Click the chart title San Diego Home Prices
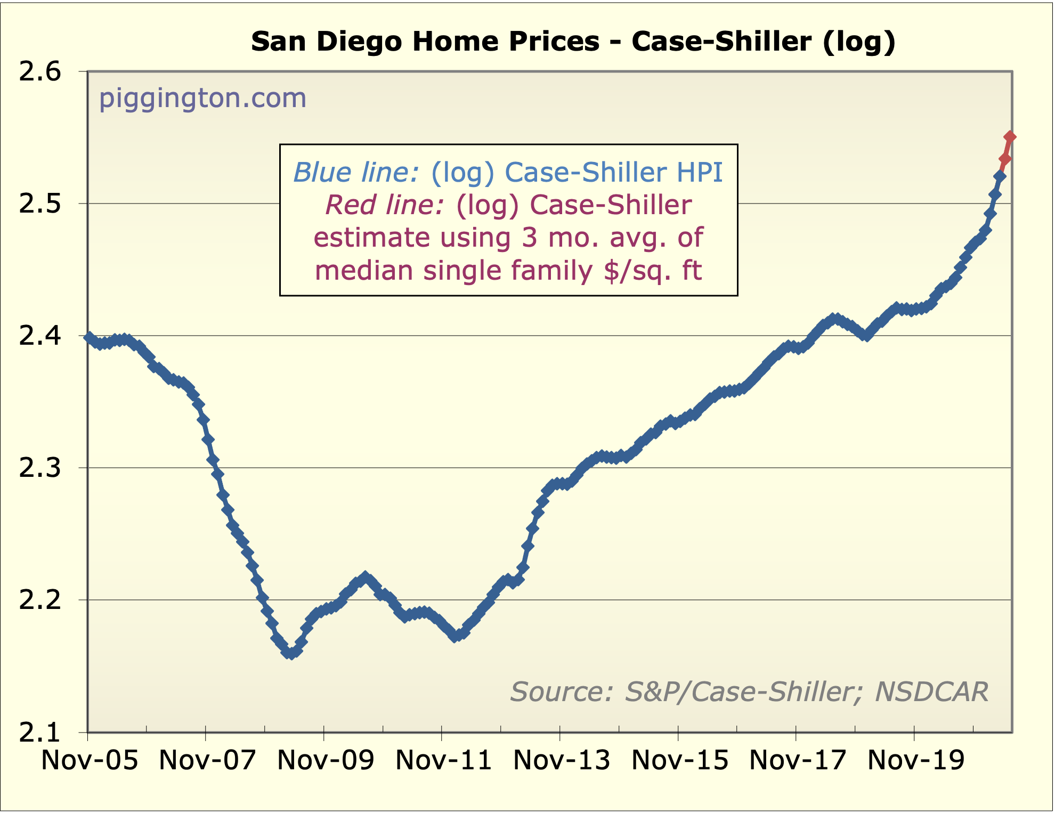(573, 42)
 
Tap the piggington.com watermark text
(202, 98)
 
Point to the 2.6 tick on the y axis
(40, 72)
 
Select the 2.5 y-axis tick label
(40, 204)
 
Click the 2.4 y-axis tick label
(40, 336)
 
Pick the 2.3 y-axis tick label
(40, 468)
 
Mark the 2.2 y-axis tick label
(40, 600)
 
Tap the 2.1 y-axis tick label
(40, 733)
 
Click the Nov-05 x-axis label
(90, 760)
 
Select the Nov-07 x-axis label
(207, 760)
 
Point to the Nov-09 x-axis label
(326, 760)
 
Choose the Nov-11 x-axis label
(443, 760)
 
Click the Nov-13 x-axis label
(561, 760)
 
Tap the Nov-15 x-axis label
(679, 760)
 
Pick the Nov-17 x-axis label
(797, 760)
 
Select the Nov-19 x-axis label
(915, 760)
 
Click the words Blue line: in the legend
(356, 173)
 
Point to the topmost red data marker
(1010, 137)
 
